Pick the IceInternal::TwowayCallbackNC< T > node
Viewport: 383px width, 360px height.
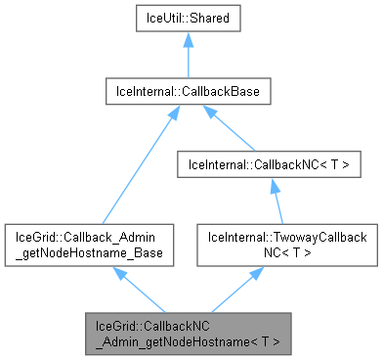[270, 246]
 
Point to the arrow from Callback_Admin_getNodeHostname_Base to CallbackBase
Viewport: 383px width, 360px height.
[133, 166]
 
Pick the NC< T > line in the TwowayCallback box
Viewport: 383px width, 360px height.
[270, 253]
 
